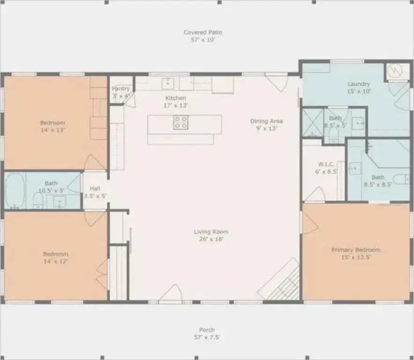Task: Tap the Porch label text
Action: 207,330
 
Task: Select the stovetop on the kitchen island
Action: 181,122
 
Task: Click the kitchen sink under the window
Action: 168,83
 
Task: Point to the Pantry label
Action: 120,89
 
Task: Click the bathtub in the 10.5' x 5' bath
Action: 15,191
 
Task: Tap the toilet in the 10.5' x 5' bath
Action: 38,201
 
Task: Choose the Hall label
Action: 95,188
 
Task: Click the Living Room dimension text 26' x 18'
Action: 211,239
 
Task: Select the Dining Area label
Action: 266,121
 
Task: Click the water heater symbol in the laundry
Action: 395,70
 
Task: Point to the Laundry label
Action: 359,84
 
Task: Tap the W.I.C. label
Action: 326,164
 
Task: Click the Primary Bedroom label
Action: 356,250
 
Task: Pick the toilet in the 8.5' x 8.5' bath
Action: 401,179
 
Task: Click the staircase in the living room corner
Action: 279,279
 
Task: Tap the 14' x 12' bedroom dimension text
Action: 55,261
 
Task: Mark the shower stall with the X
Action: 312,123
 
